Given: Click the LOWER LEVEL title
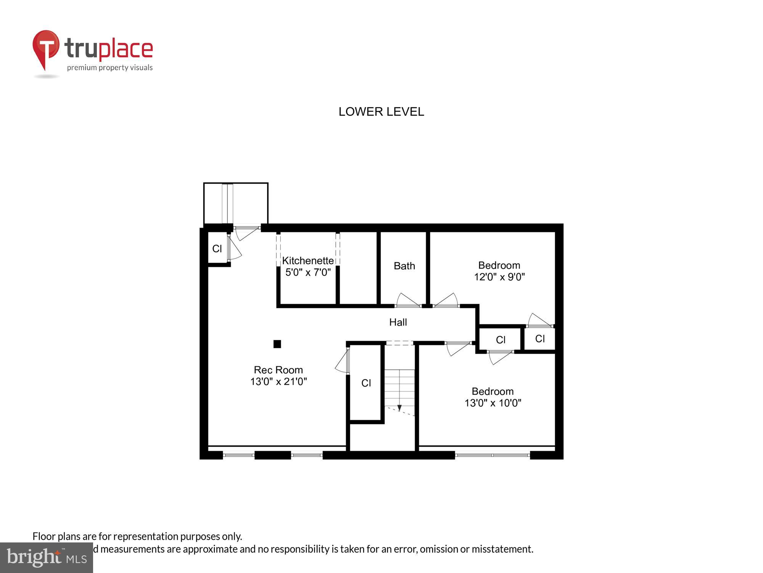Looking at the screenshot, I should pos(381,112).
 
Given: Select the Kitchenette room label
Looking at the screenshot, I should pos(308,261).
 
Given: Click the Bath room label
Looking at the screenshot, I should pos(404,266).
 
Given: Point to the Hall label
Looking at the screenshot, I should pos(398,322).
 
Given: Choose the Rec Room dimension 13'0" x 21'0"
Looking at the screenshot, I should pos(278,382).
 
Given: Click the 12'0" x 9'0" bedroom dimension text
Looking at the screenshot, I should pos(499,277).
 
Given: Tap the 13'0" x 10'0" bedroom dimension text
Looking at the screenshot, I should pos(493,403).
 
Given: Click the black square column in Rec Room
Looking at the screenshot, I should pos(277,344).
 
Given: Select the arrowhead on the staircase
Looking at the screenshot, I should pos(399,408).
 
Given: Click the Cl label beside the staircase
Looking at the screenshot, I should pos(366,383).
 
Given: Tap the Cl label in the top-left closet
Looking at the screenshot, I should pos(217,249).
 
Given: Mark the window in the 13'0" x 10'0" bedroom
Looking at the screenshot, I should pos(492,455).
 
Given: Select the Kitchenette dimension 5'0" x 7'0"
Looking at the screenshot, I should pos(308,272).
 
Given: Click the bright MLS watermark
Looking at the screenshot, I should pos(47,558).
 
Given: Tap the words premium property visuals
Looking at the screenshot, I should pos(110,68).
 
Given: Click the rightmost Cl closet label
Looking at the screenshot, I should pos(540,338).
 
